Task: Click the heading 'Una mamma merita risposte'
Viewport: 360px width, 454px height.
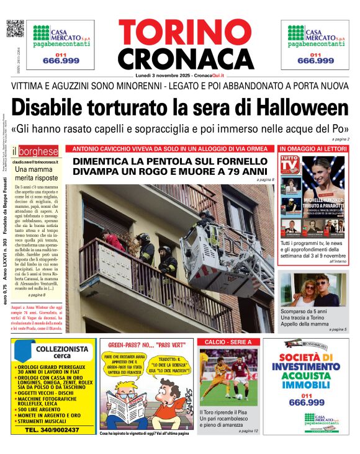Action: pyautogui.click(x=37, y=174)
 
